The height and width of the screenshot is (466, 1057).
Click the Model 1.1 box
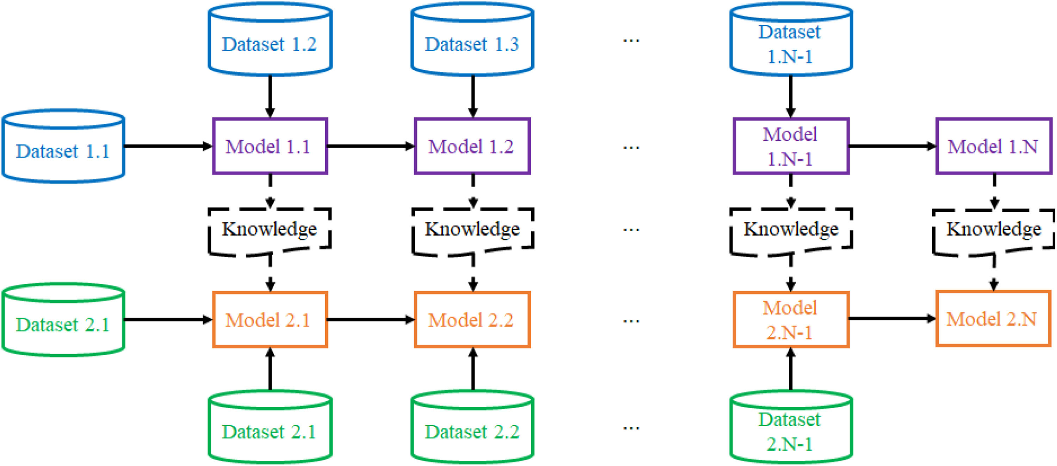coord(270,146)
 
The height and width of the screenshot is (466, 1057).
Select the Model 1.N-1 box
coord(791,146)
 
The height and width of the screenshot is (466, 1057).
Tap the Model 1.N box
coord(993,146)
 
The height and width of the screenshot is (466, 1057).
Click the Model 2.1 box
coord(270,319)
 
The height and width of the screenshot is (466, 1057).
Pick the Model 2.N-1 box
coord(791,319)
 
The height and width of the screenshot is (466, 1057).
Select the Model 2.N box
coord(993,319)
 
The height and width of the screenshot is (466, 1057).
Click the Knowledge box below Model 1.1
coord(270,230)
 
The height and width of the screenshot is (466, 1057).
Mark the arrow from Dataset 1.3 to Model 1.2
coord(473,97)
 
